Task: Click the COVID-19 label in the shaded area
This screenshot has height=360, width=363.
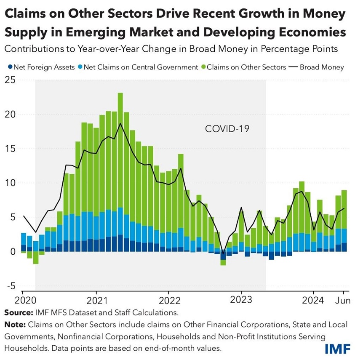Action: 227,129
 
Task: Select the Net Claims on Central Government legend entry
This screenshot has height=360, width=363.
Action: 141,67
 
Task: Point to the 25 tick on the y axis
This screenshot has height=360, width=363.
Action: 10,80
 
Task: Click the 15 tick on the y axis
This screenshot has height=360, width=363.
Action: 10,149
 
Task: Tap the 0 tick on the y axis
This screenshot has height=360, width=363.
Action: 13,251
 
